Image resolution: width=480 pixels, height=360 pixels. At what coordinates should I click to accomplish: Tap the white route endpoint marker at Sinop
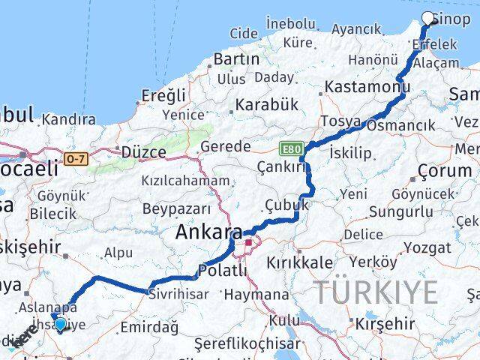428,19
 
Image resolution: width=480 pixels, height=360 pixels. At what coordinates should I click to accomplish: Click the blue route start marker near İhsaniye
60,325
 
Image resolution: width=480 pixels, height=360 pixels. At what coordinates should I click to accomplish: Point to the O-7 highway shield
75,158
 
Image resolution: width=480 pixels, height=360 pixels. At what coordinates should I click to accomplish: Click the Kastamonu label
367,88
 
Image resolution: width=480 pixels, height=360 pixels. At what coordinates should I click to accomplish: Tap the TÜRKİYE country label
375,291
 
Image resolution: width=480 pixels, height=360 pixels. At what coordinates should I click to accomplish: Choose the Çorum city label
445,170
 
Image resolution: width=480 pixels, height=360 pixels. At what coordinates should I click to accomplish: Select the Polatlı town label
221,271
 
